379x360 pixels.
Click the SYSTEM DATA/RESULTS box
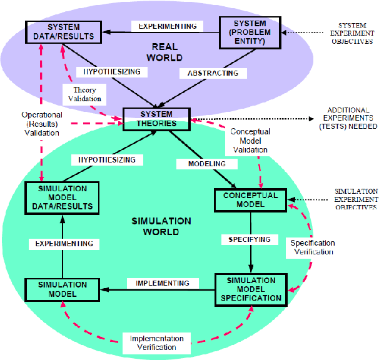pos(63,32)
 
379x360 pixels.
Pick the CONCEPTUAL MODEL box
pos(250,199)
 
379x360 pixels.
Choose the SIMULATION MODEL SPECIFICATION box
pos(250,289)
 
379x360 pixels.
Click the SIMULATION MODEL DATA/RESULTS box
pos(59,197)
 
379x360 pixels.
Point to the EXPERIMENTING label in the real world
pos(167,26)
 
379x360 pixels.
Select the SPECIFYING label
pos(250,239)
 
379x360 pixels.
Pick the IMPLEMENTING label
pos(163,283)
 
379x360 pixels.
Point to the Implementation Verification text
pos(153,342)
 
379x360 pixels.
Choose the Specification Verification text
pos(313,247)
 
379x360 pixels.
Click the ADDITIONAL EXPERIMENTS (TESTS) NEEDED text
pos(352,118)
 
